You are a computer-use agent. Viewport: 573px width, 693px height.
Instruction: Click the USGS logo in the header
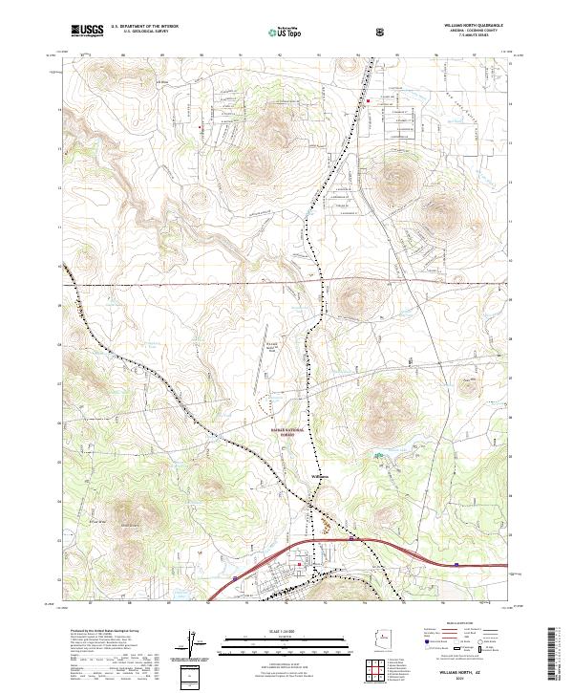pos(87,31)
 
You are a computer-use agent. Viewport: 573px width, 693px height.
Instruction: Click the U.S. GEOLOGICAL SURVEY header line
pos(140,32)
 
